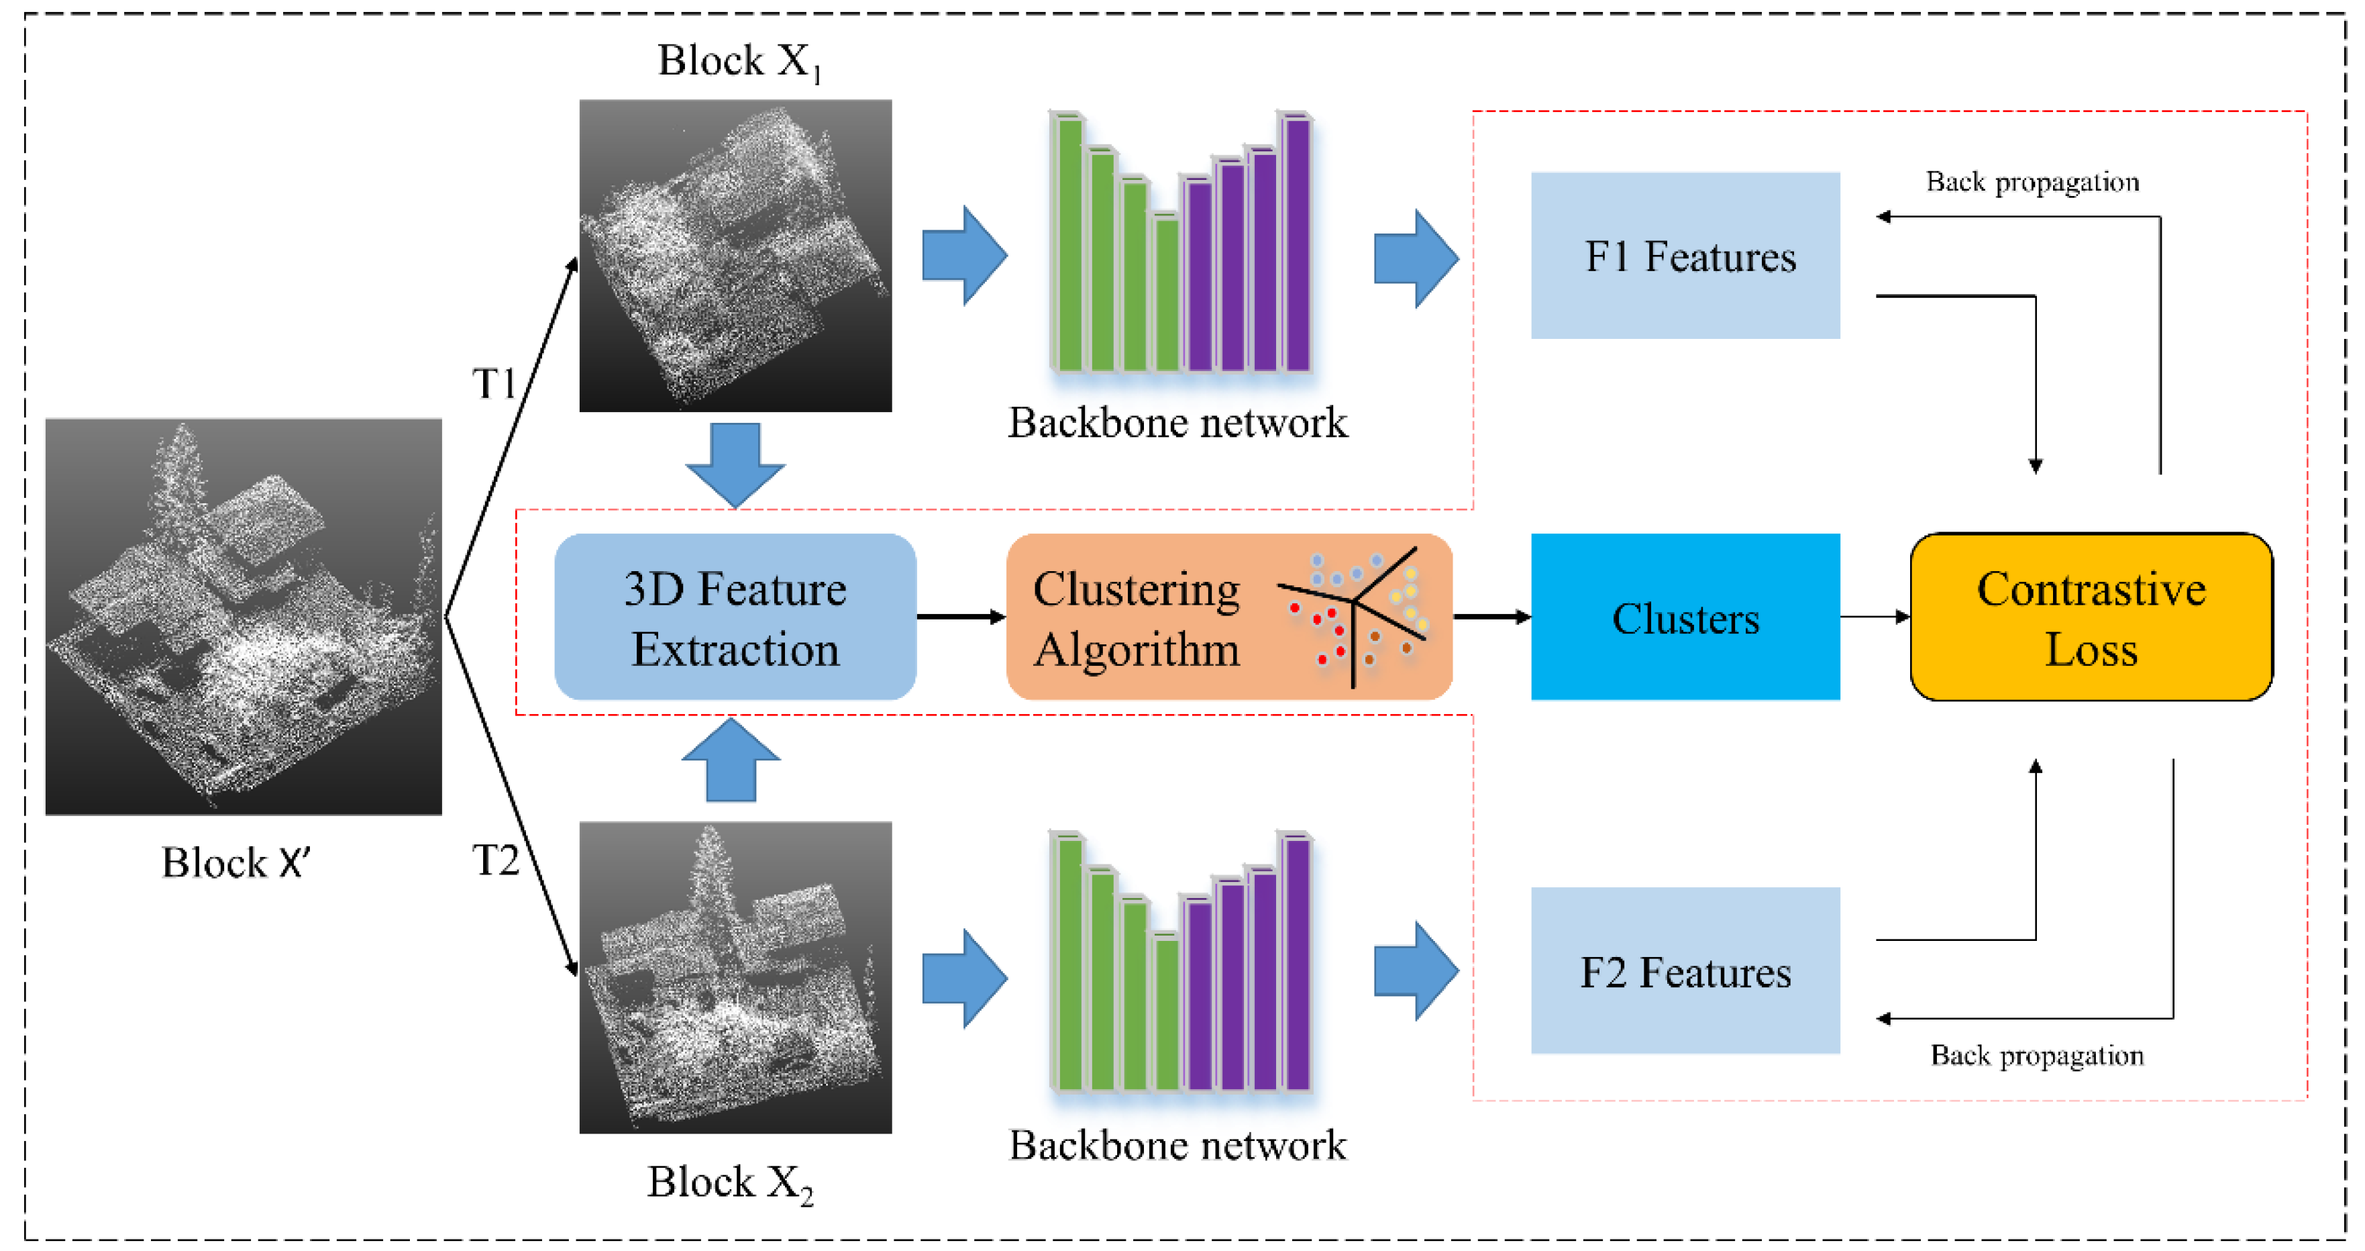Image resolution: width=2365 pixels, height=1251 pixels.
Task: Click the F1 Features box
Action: tap(1685, 255)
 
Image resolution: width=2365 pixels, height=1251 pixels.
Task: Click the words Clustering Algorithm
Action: tap(1136, 618)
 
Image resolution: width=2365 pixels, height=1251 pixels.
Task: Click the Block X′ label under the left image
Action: tap(236, 862)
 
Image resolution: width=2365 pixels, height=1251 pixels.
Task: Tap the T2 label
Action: tap(495, 860)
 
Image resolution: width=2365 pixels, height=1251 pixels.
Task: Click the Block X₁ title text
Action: tap(739, 60)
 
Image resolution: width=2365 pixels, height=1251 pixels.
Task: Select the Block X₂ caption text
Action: tap(730, 1182)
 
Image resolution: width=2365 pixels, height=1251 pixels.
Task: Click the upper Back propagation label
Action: tap(2032, 182)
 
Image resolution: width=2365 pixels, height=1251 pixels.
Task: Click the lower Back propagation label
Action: tap(2036, 1055)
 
